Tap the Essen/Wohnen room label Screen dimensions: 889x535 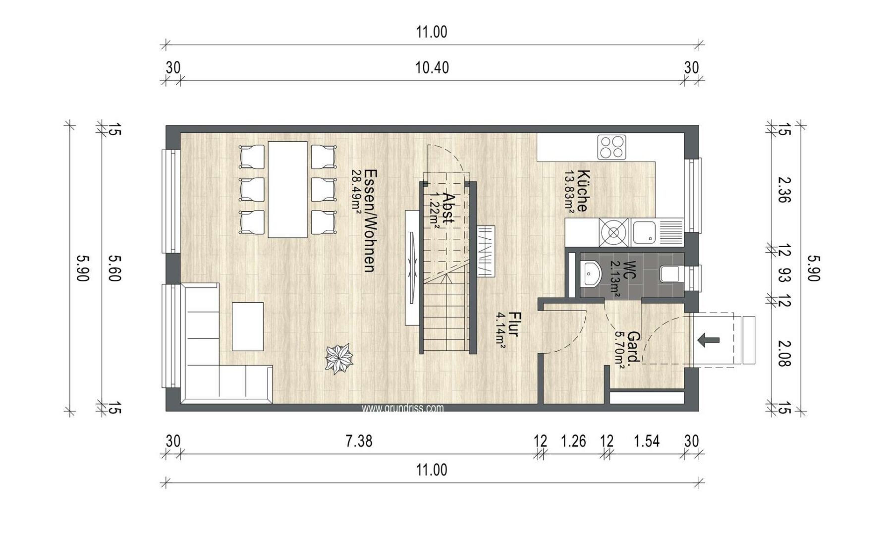[369, 220]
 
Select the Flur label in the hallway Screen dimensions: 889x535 [513, 324]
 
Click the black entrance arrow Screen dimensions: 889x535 [708, 340]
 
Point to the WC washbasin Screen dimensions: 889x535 [590, 273]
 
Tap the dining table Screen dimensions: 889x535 [287, 189]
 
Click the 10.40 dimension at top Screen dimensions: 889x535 [432, 67]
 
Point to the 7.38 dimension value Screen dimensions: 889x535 [359, 440]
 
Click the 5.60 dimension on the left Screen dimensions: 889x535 [114, 268]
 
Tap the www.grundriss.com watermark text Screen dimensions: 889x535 [402, 408]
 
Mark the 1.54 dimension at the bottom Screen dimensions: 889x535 [647, 440]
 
